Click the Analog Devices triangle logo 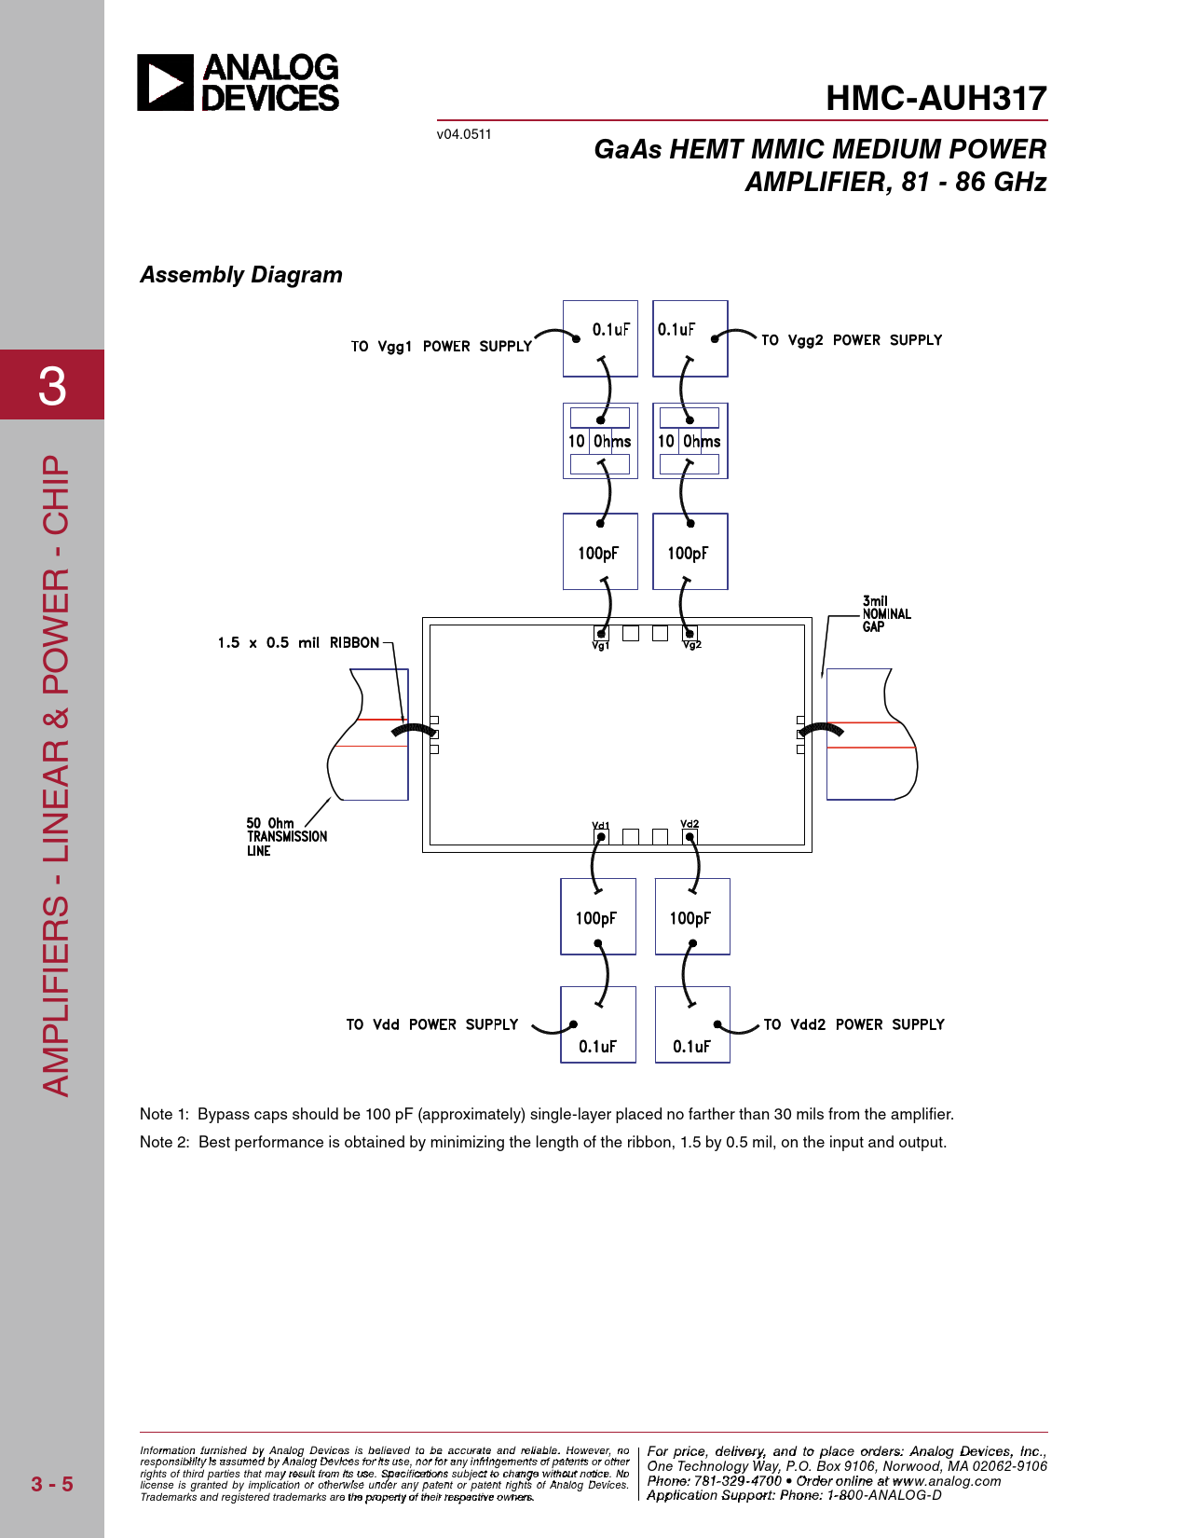pyautogui.click(x=165, y=82)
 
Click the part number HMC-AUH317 pyautogui.click(x=936, y=99)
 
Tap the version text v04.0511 pyautogui.click(x=463, y=134)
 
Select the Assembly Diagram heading pyautogui.click(x=241, y=275)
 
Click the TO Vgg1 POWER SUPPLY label pyautogui.click(x=441, y=346)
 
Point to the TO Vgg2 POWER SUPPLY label pyautogui.click(x=852, y=339)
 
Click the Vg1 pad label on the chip pyautogui.click(x=600, y=645)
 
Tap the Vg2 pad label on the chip pyautogui.click(x=692, y=645)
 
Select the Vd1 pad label pyautogui.click(x=600, y=825)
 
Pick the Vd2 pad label pyautogui.click(x=690, y=824)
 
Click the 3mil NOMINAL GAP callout pyautogui.click(x=887, y=613)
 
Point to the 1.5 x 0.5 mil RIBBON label pyautogui.click(x=298, y=642)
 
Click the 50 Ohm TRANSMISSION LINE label pyautogui.click(x=287, y=837)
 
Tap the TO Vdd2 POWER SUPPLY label pyautogui.click(x=854, y=1024)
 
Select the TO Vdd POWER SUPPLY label pyautogui.click(x=431, y=1024)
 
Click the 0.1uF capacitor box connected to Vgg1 pyautogui.click(x=600, y=338)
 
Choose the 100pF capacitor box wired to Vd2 pyautogui.click(x=692, y=916)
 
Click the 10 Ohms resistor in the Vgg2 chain pyautogui.click(x=690, y=441)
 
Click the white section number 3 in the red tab pyautogui.click(x=52, y=386)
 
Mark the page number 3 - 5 pyautogui.click(x=52, y=1484)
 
